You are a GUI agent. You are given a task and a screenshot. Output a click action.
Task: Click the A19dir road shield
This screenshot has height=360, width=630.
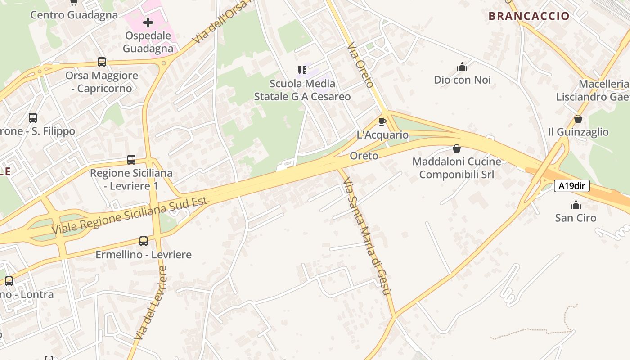[571, 186]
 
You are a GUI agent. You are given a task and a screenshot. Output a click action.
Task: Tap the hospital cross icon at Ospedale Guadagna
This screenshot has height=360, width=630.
[148, 22]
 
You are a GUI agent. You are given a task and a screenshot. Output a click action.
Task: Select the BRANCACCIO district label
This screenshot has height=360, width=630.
[529, 16]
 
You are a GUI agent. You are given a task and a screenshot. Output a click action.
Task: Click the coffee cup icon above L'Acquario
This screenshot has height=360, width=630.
[382, 121]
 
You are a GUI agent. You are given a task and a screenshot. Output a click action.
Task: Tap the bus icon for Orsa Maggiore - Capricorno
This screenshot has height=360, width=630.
[102, 62]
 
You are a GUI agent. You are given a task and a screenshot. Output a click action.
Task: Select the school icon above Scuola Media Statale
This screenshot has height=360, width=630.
[302, 70]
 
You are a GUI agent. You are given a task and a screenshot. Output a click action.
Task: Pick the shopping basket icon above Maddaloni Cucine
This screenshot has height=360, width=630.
[457, 148]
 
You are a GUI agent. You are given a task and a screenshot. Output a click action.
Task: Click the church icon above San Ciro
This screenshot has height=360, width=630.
[576, 205]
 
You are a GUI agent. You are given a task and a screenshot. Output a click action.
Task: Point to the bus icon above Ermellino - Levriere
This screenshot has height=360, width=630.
[144, 241]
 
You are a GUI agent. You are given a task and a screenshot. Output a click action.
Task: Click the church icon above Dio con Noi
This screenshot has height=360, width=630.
[462, 67]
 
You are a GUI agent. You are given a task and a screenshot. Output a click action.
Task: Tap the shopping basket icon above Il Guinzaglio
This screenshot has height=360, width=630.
[578, 119]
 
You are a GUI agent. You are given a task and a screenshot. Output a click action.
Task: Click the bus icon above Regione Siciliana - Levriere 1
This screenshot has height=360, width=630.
[131, 160]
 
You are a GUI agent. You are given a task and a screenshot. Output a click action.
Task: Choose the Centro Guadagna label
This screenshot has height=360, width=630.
[74, 15]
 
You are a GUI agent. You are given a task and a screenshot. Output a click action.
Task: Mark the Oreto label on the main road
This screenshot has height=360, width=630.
[364, 156]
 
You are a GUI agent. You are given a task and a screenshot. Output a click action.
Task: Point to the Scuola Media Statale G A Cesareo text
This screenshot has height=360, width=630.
[302, 90]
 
